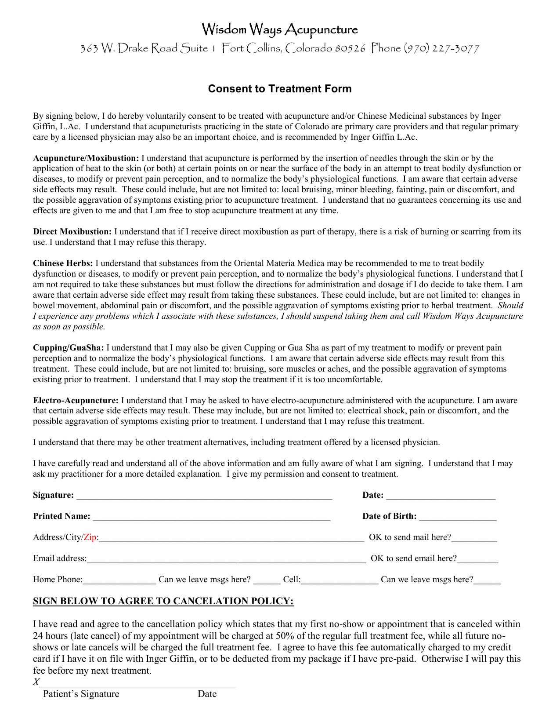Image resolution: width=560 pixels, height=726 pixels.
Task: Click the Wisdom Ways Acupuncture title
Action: (x=280, y=30)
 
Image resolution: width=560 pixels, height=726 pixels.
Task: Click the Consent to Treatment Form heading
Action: (x=280, y=89)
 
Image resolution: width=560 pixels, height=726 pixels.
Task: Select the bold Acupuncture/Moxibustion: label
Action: (x=86, y=158)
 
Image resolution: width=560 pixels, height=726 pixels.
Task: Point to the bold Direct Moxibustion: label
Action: (x=72, y=232)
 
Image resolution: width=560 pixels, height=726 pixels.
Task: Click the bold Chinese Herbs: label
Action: (x=63, y=263)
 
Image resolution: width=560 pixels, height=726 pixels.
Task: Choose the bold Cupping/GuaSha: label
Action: (x=69, y=348)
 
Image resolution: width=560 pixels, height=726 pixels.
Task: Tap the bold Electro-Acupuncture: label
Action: (x=76, y=401)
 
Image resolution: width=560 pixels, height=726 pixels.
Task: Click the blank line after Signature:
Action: (x=204, y=497)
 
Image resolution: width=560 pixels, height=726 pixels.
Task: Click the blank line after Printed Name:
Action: (x=211, y=518)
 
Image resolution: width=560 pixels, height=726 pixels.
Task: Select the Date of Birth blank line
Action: (x=458, y=518)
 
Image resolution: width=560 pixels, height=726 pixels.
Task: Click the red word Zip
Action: (x=90, y=537)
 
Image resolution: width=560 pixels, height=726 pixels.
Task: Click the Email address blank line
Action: (x=226, y=560)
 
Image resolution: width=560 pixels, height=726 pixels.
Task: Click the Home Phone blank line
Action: (x=119, y=581)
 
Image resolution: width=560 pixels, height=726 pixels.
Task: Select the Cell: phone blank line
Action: (x=340, y=581)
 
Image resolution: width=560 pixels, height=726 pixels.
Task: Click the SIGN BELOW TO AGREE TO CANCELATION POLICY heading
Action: (x=163, y=601)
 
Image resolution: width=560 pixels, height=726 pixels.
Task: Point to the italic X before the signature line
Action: (x=36, y=682)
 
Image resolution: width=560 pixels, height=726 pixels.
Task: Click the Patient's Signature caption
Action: (x=81, y=694)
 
